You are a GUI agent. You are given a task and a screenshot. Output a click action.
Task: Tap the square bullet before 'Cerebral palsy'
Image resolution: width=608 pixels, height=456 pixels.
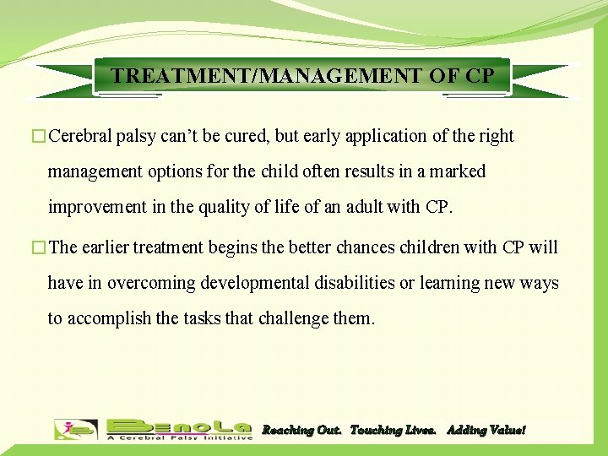tap(41, 137)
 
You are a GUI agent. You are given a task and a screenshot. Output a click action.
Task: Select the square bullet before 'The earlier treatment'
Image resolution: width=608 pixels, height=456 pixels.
tap(41, 248)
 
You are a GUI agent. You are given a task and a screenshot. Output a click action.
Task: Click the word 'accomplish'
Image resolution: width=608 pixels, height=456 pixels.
tap(109, 318)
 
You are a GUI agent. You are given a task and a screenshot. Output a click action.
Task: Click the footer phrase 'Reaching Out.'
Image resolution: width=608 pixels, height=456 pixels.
tap(301, 430)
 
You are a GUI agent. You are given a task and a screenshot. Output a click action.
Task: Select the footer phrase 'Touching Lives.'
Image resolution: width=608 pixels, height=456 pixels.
tap(393, 430)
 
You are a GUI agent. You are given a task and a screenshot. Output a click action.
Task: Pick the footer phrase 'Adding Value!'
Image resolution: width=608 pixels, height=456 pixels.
tap(486, 430)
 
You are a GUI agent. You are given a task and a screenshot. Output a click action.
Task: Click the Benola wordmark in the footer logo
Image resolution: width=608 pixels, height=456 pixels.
tap(179, 426)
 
